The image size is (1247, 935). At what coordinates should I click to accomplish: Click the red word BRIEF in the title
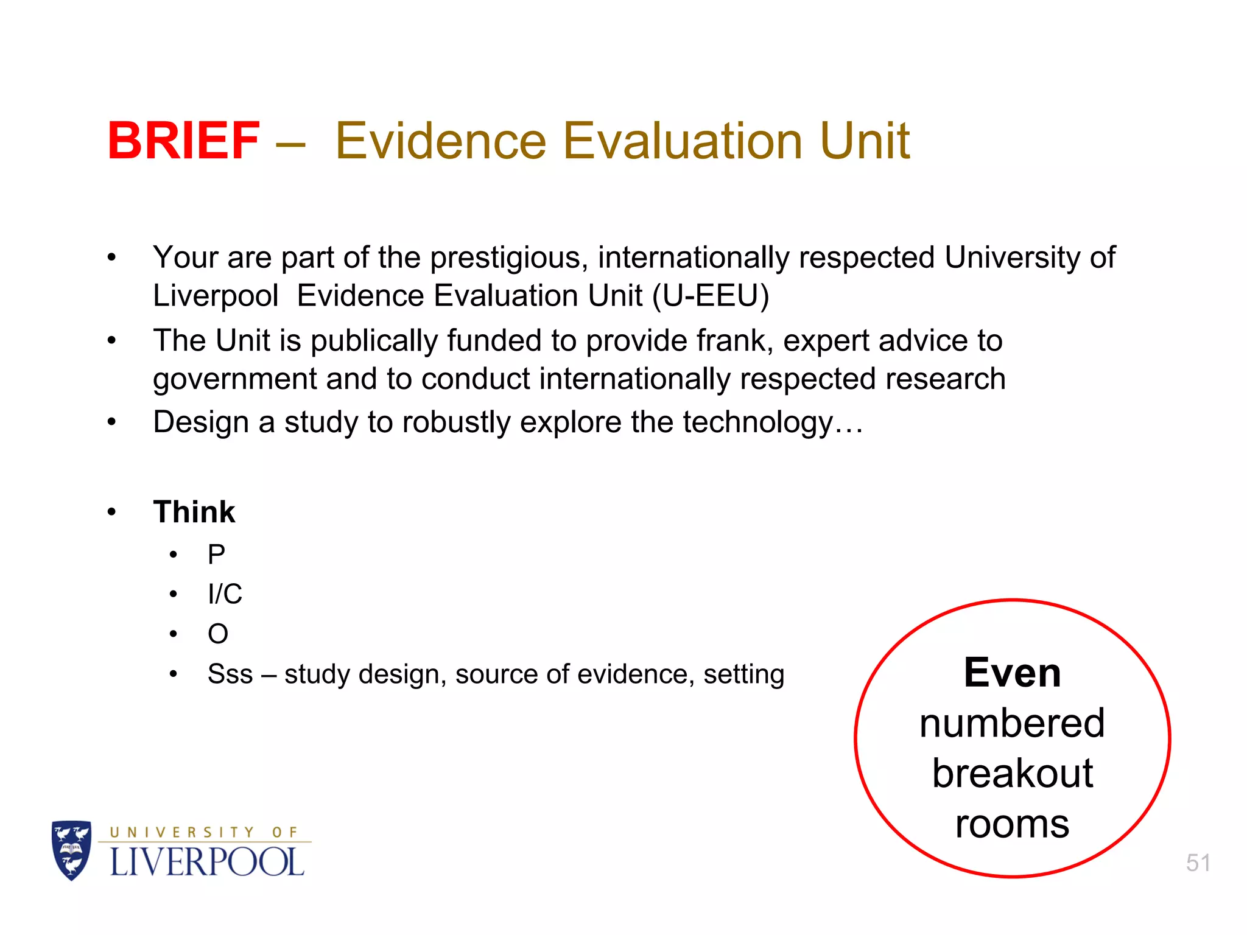(x=183, y=141)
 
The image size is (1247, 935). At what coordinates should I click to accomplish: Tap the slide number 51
(x=1198, y=863)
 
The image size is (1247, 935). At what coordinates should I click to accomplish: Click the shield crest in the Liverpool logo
(x=72, y=850)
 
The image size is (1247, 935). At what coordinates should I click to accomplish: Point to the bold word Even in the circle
(x=1012, y=673)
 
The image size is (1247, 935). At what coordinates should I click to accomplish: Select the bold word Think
(x=194, y=511)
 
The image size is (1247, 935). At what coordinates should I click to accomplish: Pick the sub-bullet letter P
(x=216, y=555)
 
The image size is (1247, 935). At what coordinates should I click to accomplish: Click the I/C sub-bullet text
(x=225, y=594)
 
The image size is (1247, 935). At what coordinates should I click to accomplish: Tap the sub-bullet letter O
(x=218, y=634)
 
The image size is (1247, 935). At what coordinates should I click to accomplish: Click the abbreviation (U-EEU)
(x=711, y=296)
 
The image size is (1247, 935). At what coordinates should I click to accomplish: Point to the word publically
(x=374, y=341)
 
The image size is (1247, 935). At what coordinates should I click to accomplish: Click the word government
(x=234, y=380)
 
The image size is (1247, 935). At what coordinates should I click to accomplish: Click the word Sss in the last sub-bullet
(x=230, y=674)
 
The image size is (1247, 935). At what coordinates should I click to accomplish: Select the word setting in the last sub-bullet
(x=743, y=674)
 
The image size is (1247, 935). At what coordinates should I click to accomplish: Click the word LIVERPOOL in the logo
(x=206, y=863)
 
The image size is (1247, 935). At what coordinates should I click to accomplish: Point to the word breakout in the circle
(x=1012, y=773)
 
